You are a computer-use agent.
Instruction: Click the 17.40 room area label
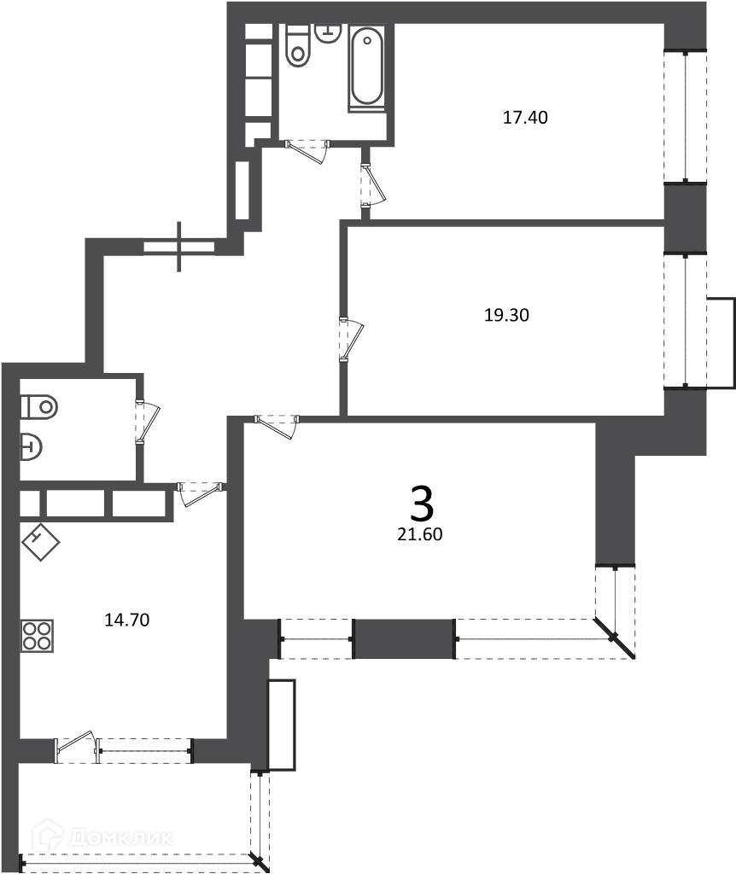(x=525, y=118)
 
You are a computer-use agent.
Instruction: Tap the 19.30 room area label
(x=506, y=316)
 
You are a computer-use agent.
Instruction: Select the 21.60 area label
(x=420, y=534)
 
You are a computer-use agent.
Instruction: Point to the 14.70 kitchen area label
(x=127, y=620)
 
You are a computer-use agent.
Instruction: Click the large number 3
(x=422, y=503)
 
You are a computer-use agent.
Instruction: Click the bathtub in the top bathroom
(x=367, y=68)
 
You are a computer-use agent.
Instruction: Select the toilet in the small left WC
(x=39, y=406)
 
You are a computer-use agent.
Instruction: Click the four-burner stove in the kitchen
(x=38, y=635)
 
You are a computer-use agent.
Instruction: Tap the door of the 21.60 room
(x=277, y=428)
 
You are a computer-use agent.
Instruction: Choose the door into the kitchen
(x=202, y=495)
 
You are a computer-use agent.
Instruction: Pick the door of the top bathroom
(x=307, y=152)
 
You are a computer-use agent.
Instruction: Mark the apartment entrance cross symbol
(x=179, y=247)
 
